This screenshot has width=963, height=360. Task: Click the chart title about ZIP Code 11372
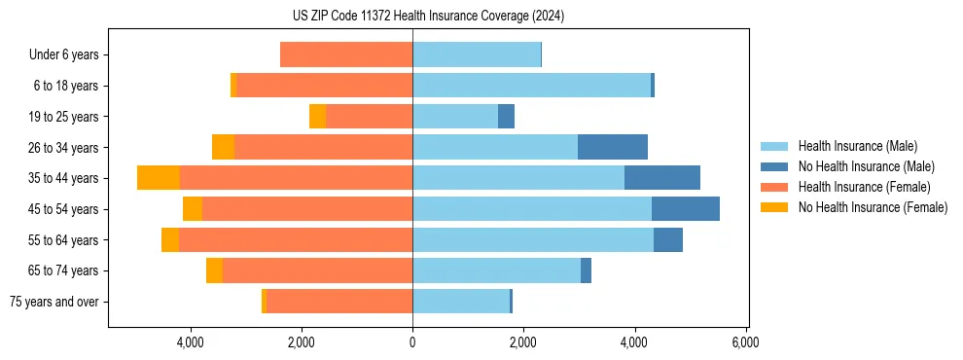tap(428, 17)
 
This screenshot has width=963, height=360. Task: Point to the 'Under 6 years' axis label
tap(63, 55)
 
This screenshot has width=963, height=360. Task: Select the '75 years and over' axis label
tap(53, 302)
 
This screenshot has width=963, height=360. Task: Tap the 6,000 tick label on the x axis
tap(746, 343)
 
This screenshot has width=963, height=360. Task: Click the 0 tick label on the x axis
tap(412, 343)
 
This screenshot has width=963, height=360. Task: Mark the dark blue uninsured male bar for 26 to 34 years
tap(613, 147)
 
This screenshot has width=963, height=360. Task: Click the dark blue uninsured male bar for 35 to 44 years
tap(662, 178)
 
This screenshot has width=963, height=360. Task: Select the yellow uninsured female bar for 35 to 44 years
tap(159, 178)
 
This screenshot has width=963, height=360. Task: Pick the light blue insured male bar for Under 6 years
tap(477, 55)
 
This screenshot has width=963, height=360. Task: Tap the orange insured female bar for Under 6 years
tap(346, 55)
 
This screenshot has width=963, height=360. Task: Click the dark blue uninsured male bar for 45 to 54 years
tap(686, 209)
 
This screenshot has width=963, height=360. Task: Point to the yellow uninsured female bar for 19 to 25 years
tap(317, 117)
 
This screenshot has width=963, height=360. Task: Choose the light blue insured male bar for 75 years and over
tap(461, 302)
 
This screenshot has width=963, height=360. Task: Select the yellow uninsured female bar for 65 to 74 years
tap(214, 270)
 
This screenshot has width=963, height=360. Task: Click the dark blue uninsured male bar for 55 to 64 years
tap(668, 239)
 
